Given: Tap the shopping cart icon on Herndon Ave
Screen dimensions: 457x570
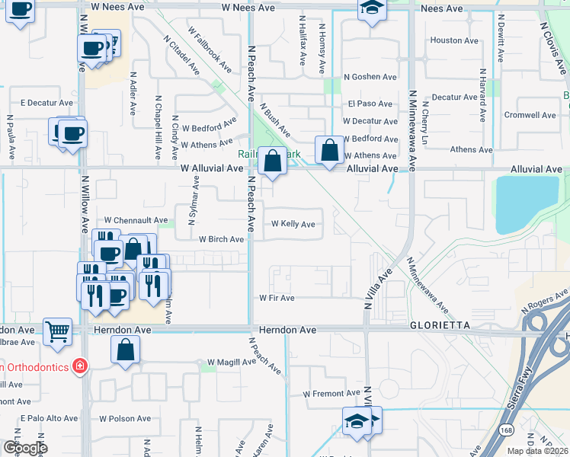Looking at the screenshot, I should pos(58,332).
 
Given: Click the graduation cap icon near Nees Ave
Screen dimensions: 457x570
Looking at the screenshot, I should pos(371,8).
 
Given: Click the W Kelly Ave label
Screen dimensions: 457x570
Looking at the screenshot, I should pos(293,224).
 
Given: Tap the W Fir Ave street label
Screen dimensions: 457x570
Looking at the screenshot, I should pos(277,298).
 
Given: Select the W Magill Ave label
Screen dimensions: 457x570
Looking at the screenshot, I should pos(232,363).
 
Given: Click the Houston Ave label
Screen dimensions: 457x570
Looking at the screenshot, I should pos(456,40).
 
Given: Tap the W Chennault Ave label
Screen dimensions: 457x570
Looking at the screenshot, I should pos(136,220).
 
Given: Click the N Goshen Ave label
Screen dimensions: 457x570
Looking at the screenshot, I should pos(370,77).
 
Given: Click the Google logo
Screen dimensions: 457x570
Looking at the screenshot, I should pos(24,448).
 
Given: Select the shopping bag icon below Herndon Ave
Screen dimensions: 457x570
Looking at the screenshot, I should pos(126,351).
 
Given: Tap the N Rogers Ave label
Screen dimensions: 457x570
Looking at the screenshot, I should pos(545,303).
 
